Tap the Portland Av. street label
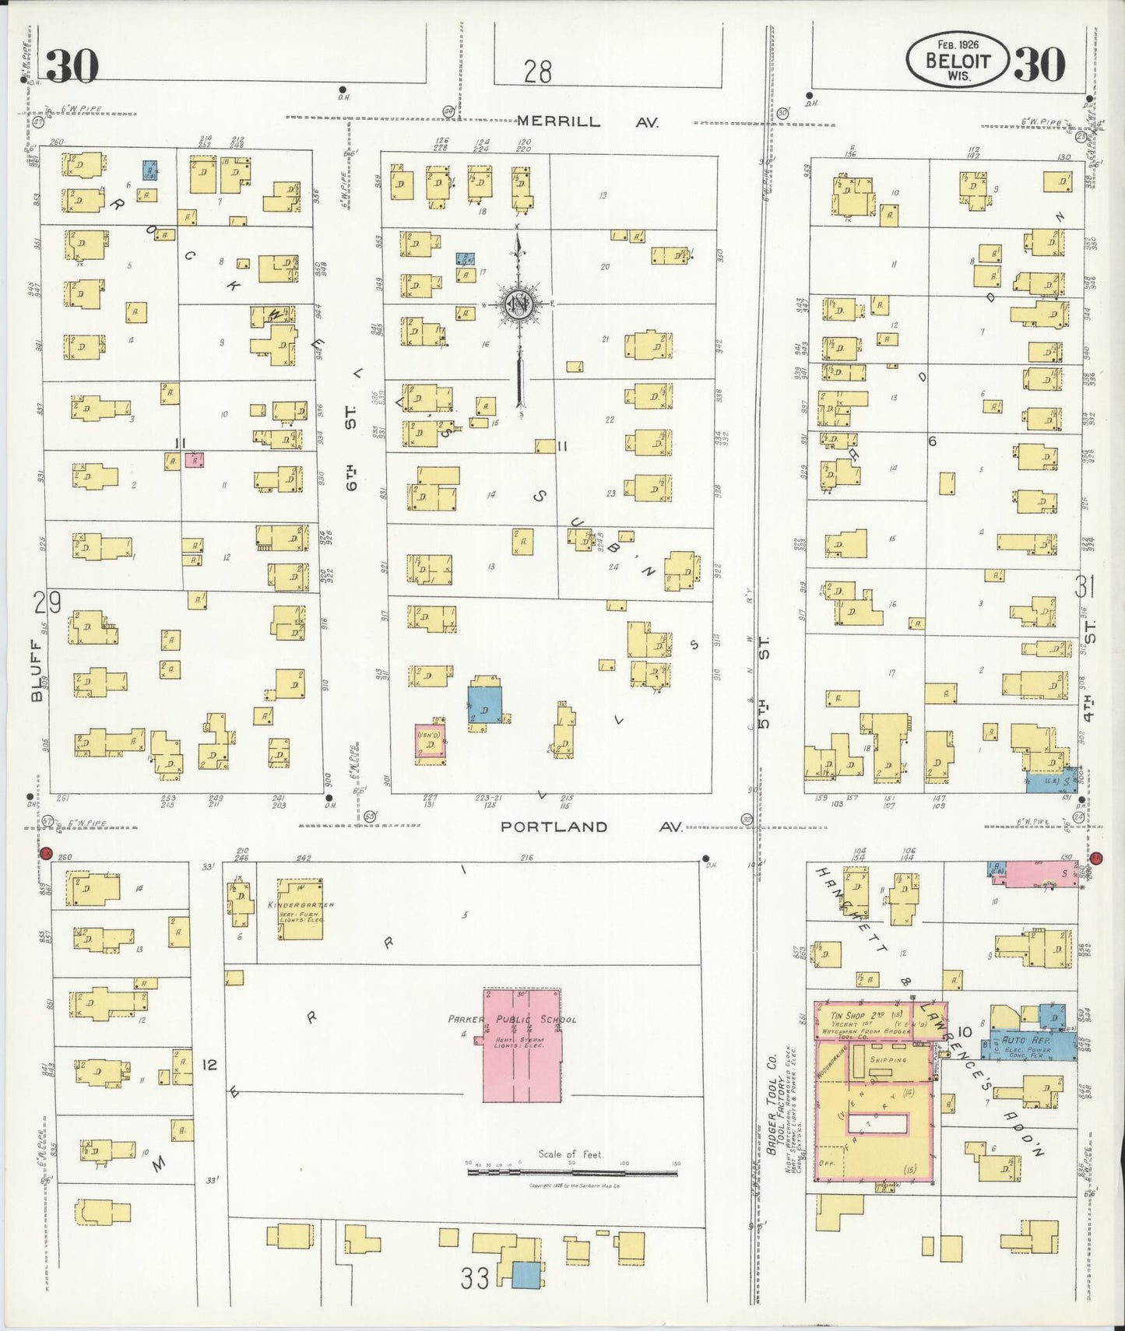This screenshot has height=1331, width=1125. (590, 827)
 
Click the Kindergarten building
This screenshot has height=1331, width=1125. (301, 909)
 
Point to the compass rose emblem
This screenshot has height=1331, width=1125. (518, 304)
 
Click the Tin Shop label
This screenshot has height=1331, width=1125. (848, 1016)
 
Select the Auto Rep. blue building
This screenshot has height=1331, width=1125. (1028, 1041)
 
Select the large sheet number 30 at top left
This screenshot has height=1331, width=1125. (72, 65)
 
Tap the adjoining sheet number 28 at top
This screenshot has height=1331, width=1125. (537, 72)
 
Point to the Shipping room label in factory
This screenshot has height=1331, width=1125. (889, 1060)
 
